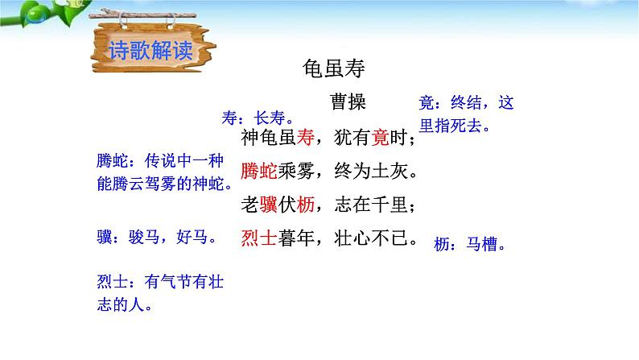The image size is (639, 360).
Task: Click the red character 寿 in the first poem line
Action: coord(303,138)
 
